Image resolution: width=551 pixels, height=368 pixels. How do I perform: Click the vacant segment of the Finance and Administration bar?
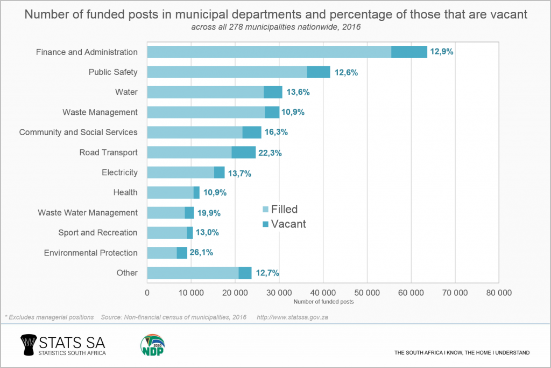pyautogui.click(x=409, y=52)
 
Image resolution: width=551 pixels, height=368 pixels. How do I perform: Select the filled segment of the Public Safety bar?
pyautogui.click(x=227, y=72)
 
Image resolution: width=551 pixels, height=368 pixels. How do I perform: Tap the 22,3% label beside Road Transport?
pyautogui.click(x=270, y=152)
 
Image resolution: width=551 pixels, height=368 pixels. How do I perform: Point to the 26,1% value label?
pyautogui.click(x=202, y=253)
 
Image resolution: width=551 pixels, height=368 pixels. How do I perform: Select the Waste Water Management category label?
pyautogui.click(x=88, y=213)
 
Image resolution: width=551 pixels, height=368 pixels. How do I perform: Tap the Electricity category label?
pyautogui.click(x=119, y=172)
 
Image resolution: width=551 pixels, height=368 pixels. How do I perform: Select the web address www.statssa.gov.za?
pyautogui.click(x=293, y=317)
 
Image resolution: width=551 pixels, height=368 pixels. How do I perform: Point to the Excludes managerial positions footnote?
pyautogui.click(x=49, y=317)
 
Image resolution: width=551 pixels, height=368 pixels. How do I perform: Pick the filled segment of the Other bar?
pyautogui.click(x=192, y=273)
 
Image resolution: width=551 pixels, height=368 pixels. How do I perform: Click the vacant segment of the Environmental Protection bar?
pyautogui.click(x=182, y=253)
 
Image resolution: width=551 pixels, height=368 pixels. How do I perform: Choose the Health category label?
pyautogui.click(x=125, y=192)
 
